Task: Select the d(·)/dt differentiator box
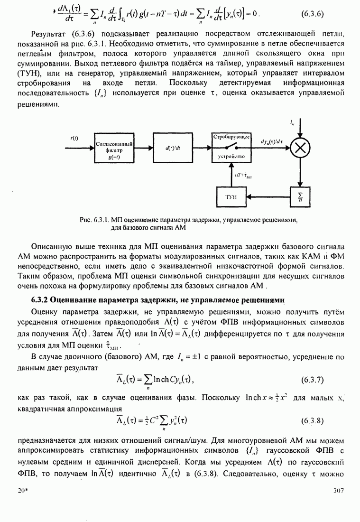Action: pyautogui.click(x=171, y=148)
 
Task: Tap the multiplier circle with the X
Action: pyautogui.click(x=299, y=148)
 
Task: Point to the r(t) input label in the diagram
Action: pyautogui.click(x=74, y=138)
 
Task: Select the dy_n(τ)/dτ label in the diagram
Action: pyautogui.click(x=271, y=142)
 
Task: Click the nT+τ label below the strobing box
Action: pyautogui.click(x=243, y=174)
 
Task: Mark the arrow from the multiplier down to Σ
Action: pyautogui.click(x=299, y=171)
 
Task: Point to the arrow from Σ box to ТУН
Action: pyautogui.click(x=269, y=196)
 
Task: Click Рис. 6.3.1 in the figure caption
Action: pyautogui.click(x=95, y=220)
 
